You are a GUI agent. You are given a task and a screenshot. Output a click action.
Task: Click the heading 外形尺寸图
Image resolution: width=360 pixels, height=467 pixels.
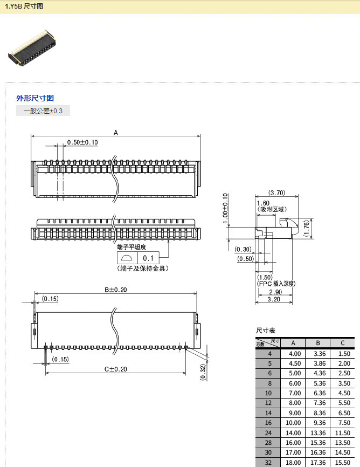35,98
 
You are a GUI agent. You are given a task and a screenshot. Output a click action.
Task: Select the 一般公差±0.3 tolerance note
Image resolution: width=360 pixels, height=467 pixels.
43,111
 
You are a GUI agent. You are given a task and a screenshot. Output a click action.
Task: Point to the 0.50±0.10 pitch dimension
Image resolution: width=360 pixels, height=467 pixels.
82,142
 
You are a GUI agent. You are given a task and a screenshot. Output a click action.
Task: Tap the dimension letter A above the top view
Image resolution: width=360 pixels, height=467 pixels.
116,132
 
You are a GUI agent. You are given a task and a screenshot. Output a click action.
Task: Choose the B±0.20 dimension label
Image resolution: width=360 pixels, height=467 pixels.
116,290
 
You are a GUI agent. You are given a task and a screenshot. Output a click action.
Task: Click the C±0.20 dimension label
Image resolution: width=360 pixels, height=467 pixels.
115,369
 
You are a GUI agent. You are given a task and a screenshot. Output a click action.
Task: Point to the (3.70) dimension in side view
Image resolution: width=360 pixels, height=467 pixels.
276,193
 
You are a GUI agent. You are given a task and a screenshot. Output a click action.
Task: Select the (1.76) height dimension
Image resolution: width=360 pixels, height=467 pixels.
306,228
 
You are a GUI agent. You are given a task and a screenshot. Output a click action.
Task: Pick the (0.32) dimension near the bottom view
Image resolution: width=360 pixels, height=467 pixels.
203,372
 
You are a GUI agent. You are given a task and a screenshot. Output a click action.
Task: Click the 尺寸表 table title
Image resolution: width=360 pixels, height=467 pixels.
265,330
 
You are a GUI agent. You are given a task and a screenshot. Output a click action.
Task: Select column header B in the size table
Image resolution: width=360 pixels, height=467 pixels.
318,343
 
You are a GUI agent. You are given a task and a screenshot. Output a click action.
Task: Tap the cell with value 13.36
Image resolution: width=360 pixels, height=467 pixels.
318,433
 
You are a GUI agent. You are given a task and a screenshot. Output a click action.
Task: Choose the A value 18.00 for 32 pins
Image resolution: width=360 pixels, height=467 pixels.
293,463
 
